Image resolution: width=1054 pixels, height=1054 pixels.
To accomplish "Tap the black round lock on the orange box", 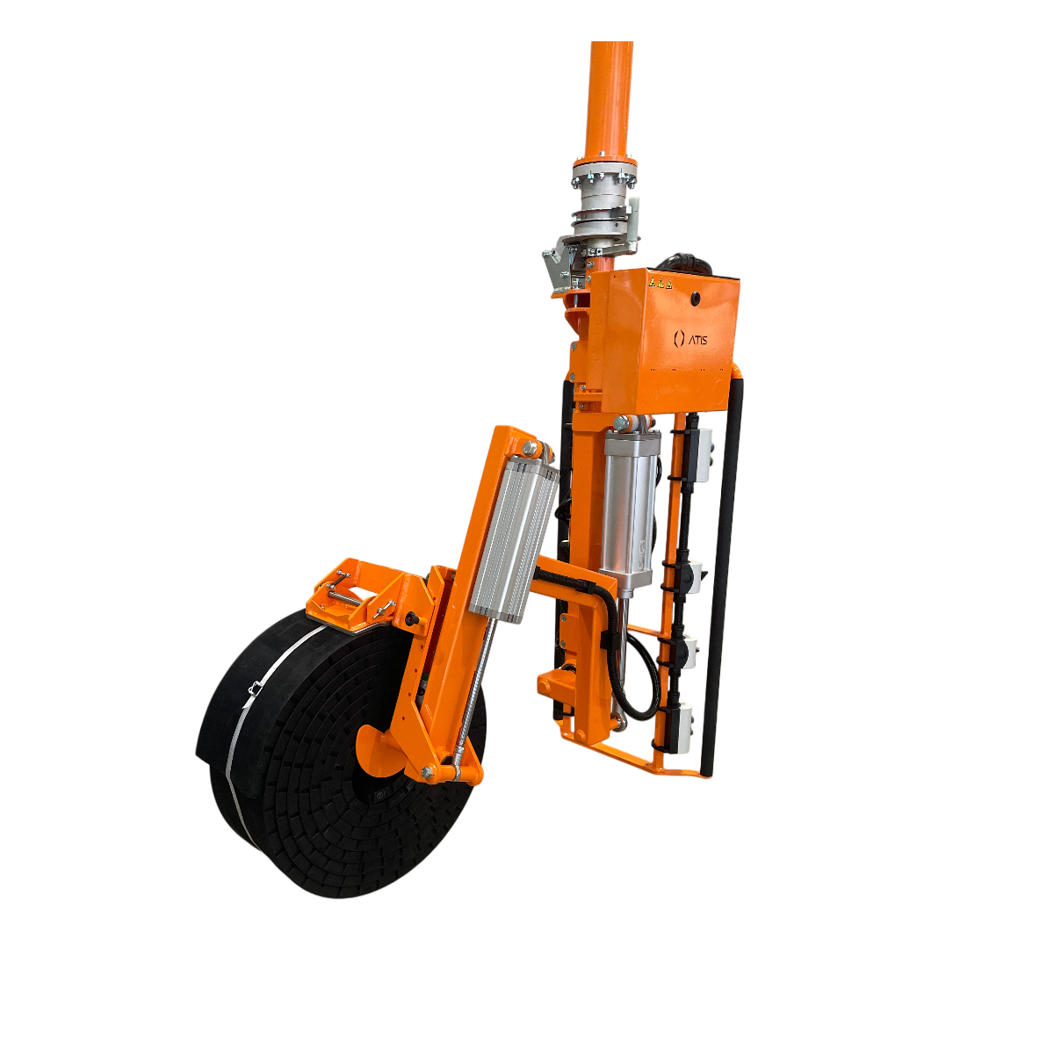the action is tap(697, 297).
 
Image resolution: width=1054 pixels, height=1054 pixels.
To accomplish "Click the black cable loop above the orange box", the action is tap(686, 263).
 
